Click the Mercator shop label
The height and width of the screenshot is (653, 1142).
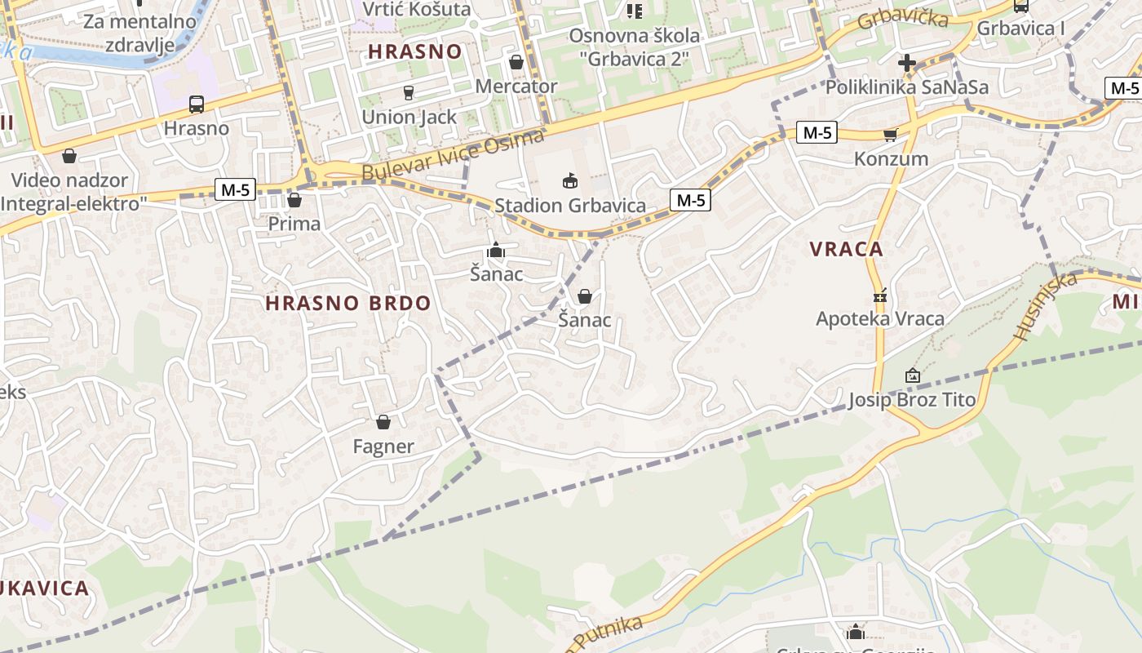point(516,86)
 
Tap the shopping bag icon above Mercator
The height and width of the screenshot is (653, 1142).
point(516,62)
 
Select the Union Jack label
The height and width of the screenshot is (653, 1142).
point(409,117)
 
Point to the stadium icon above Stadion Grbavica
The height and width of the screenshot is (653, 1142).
point(570,180)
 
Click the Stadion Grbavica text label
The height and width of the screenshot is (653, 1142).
point(570,206)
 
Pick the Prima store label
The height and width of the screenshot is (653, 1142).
point(294,223)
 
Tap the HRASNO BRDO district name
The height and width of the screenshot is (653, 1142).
point(348,303)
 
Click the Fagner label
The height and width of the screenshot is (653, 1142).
point(383,446)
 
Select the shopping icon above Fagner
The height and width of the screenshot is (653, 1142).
point(383,422)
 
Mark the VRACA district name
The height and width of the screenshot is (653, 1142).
point(847,250)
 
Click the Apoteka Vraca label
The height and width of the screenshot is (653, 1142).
point(880,318)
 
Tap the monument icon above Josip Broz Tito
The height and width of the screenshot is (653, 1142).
point(912,375)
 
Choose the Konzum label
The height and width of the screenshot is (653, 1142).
point(891,158)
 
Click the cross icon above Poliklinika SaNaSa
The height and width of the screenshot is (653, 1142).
point(906,62)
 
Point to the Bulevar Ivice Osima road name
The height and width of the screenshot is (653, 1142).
point(452,156)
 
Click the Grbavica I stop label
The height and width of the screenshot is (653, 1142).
point(1021,28)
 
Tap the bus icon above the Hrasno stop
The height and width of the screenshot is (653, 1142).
point(196,104)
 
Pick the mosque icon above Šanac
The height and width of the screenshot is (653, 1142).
point(496,251)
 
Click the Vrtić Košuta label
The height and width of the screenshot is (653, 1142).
point(417,9)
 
